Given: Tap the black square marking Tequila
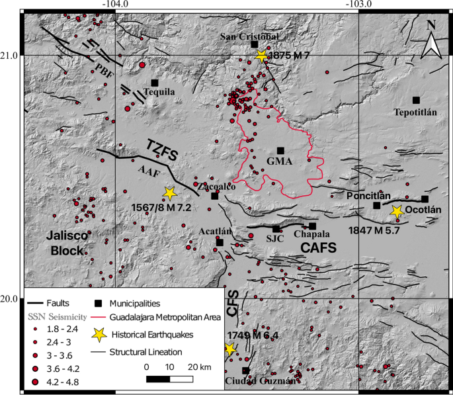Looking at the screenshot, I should [155, 83].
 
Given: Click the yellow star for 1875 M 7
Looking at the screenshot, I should [262, 56].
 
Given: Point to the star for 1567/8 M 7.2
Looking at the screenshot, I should [169, 193].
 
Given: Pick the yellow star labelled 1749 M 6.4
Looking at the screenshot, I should [229, 349].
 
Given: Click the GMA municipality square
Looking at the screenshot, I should [280, 151].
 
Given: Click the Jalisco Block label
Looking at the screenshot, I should [67, 243].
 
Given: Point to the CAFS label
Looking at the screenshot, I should [319, 247].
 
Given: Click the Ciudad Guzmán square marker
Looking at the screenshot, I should [246, 371].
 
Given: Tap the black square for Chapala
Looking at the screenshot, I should [313, 226].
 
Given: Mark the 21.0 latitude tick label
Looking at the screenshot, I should [10, 56].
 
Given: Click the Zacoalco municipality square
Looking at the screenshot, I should [215, 195].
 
